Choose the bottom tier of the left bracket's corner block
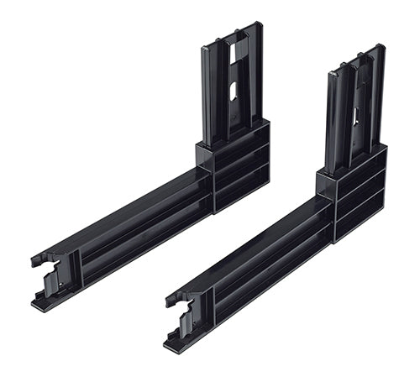[241, 191]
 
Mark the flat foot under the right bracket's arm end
[181, 344]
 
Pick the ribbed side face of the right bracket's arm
[269, 277]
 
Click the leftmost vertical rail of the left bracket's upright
[207, 92]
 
